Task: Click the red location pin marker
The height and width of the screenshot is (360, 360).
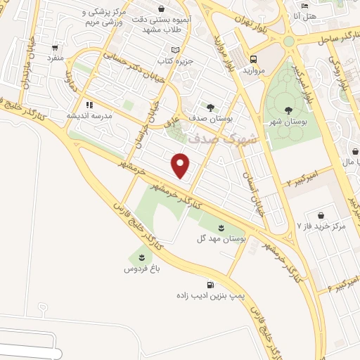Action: click(x=181, y=165)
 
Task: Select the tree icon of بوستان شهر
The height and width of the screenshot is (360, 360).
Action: click(x=289, y=109)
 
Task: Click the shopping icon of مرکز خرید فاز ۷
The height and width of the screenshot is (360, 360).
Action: click(x=321, y=215)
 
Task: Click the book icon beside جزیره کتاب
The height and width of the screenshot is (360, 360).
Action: click(x=176, y=50)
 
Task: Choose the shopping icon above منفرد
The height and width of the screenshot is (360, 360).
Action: click(x=55, y=48)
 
